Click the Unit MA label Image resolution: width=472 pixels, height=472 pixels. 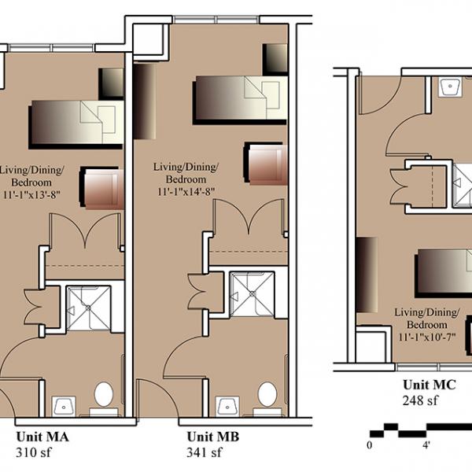pyautogui.click(x=42, y=437)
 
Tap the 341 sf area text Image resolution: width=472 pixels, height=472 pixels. pyautogui.click(x=205, y=452)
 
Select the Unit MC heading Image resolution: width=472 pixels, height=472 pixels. pyautogui.click(x=430, y=385)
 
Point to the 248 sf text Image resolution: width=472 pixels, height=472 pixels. pyautogui.click(x=420, y=400)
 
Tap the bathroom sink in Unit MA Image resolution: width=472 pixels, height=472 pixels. pyautogui.click(x=64, y=407)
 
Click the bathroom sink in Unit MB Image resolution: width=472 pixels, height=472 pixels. pyautogui.click(x=227, y=407)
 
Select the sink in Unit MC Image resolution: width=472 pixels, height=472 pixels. pyautogui.click(x=450, y=87)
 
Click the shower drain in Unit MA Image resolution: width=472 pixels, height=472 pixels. pyautogui.click(x=88, y=308)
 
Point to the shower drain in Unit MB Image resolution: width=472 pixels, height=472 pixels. pyautogui.click(x=253, y=293)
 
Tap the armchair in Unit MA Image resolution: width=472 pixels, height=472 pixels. pyautogui.click(x=102, y=188)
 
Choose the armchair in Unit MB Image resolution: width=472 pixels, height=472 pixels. pyautogui.click(x=266, y=164)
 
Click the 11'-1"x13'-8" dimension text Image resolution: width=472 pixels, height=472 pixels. pyautogui.click(x=31, y=194)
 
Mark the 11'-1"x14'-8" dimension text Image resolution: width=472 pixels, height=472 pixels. pyautogui.click(x=186, y=191)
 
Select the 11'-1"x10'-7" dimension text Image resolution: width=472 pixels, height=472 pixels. pyautogui.click(x=427, y=337)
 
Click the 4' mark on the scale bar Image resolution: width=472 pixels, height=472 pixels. pyautogui.click(x=426, y=445)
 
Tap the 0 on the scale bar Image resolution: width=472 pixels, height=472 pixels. pyautogui.click(x=370, y=445)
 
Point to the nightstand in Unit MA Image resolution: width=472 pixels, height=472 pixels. pyautogui.click(x=111, y=84)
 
